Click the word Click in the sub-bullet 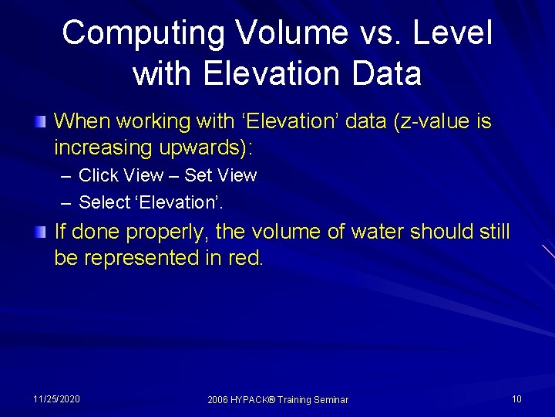[99, 175]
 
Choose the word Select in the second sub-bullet [104, 202]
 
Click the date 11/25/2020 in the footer [56, 398]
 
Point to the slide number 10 [516, 398]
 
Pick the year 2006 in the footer [218, 399]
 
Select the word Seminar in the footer [329, 399]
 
